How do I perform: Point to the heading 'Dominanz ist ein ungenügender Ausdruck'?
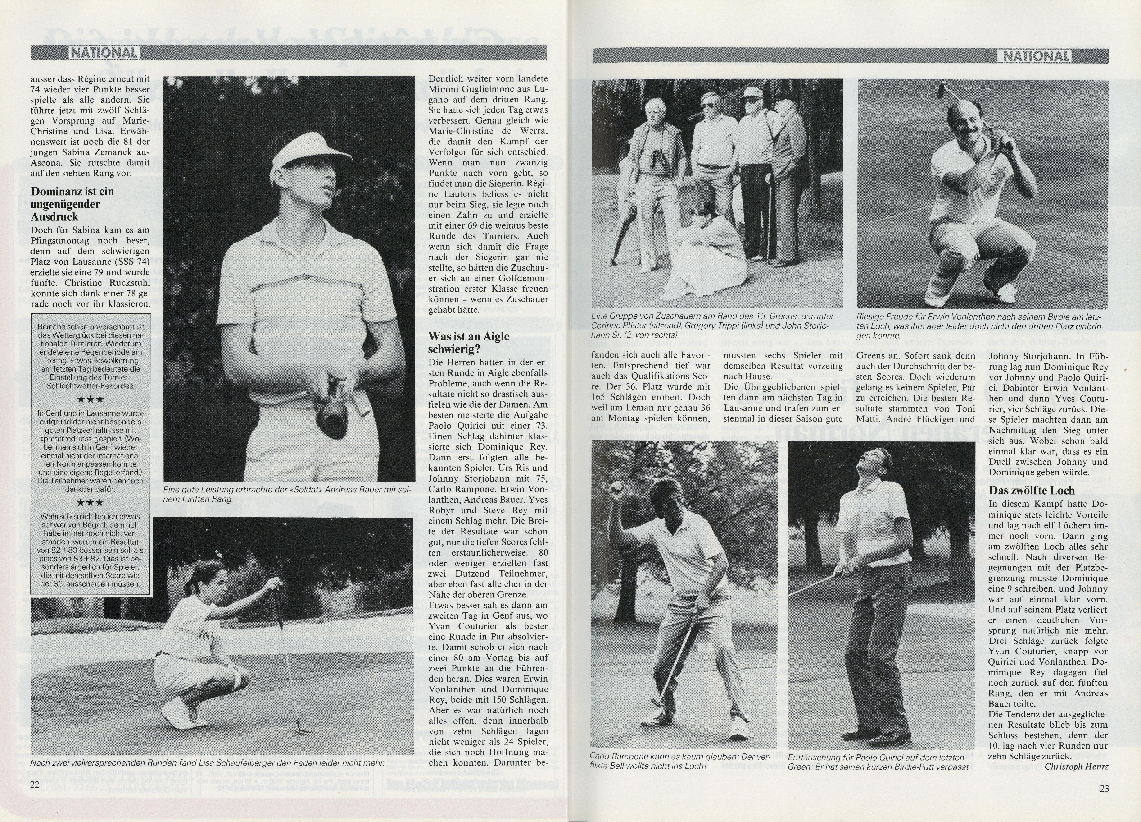coord(72,204)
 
